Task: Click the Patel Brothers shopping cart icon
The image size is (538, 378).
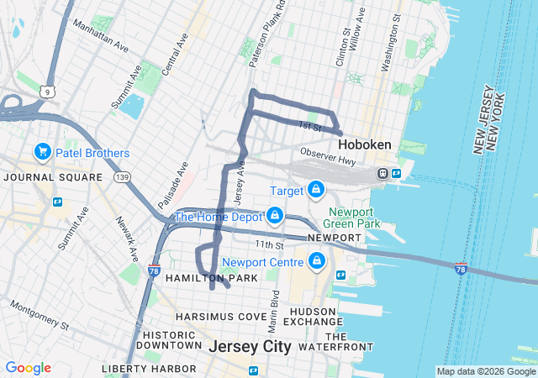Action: click(x=42, y=152)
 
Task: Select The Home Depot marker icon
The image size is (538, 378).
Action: click(x=275, y=216)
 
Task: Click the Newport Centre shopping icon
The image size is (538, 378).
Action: click(x=316, y=262)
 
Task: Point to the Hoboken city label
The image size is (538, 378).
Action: click(x=365, y=144)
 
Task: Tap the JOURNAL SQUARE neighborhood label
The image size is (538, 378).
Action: click(x=53, y=177)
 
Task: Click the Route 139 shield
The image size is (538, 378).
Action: click(x=123, y=177)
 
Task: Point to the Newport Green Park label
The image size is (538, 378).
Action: click(x=354, y=217)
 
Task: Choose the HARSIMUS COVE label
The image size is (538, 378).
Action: click(x=220, y=317)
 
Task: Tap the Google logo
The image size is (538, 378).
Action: click(x=28, y=368)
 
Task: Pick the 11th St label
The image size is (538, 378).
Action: click(x=271, y=244)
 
